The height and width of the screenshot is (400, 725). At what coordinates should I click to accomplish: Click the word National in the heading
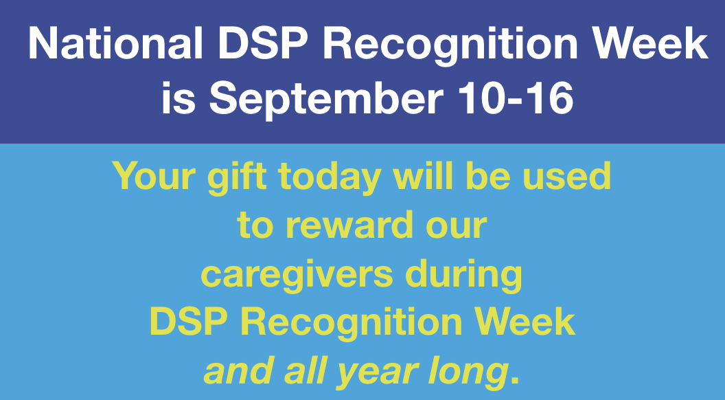115,43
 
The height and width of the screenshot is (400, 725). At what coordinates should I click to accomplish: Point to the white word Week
650,43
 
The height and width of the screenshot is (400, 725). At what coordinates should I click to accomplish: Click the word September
325,100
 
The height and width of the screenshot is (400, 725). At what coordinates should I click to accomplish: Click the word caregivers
297,276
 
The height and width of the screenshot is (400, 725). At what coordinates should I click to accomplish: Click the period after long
514,381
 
